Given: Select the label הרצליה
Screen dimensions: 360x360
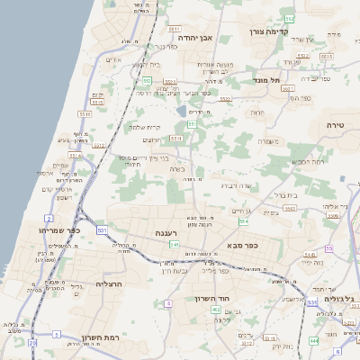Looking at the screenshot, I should tap(108, 283).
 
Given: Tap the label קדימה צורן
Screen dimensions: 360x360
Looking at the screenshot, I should tap(267, 31).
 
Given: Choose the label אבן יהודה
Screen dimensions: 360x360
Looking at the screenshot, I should tap(193, 39).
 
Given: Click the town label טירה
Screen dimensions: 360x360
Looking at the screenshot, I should tap(336, 129).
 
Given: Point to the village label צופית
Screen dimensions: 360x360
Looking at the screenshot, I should tap(269, 212).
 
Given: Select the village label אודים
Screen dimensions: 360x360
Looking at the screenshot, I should tap(112, 59).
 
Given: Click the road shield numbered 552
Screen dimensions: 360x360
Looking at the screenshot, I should tap(289, 18).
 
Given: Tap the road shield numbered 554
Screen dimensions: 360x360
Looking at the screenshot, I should tap(243, 220).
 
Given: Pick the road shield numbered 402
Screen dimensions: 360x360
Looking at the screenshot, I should tap(216, 309).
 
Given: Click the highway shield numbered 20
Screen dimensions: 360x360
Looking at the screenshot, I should tap(32, 342).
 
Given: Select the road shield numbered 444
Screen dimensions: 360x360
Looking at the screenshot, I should tap(313, 340).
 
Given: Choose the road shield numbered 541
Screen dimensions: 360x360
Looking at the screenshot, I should tap(175, 244).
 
